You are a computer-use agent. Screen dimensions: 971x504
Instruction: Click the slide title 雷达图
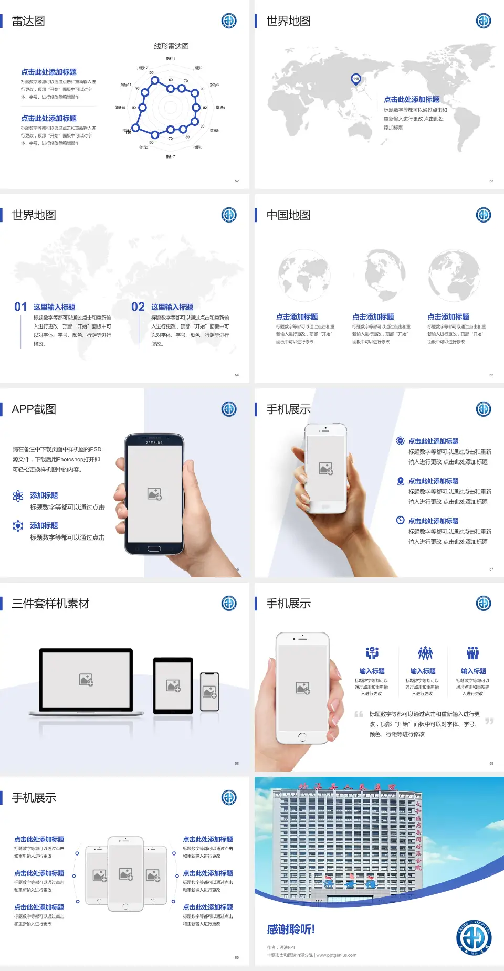point(28,21)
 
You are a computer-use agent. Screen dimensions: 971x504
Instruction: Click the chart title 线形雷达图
point(171,46)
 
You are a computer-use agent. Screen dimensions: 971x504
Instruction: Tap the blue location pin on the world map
point(355,79)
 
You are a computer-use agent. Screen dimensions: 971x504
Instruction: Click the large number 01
point(20,307)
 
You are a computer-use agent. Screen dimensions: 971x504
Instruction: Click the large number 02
point(138,307)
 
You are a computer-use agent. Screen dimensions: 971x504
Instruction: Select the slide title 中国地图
point(288,215)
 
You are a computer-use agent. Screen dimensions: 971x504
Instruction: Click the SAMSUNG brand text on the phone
point(154,442)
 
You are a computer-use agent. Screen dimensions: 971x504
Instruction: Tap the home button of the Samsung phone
point(154,548)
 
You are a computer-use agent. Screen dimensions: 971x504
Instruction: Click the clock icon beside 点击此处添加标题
point(400,520)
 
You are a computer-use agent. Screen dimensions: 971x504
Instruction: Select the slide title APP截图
point(34,409)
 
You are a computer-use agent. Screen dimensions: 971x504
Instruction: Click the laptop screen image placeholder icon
point(86,680)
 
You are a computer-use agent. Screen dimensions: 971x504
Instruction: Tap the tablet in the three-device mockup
point(173,685)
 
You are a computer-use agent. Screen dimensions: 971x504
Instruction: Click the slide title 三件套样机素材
point(50,604)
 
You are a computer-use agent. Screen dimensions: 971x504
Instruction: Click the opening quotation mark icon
point(359,714)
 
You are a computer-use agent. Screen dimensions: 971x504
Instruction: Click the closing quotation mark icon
point(489,721)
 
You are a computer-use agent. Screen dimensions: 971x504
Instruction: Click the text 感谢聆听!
point(291,930)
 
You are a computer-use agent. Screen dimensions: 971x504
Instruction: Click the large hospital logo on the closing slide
point(474,937)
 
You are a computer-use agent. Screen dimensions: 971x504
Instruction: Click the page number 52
point(237,181)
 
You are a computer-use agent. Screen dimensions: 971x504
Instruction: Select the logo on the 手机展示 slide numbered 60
point(229,798)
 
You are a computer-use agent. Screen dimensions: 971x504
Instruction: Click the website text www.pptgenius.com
point(336,955)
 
